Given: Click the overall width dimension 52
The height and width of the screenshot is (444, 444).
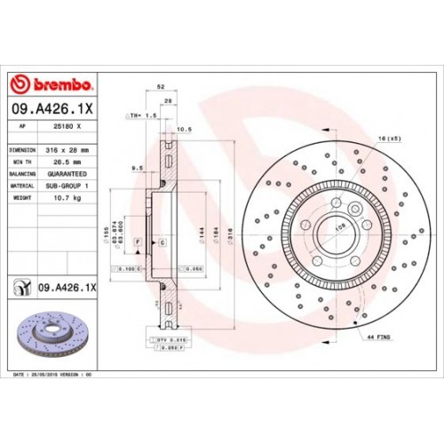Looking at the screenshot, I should pos(161,87).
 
